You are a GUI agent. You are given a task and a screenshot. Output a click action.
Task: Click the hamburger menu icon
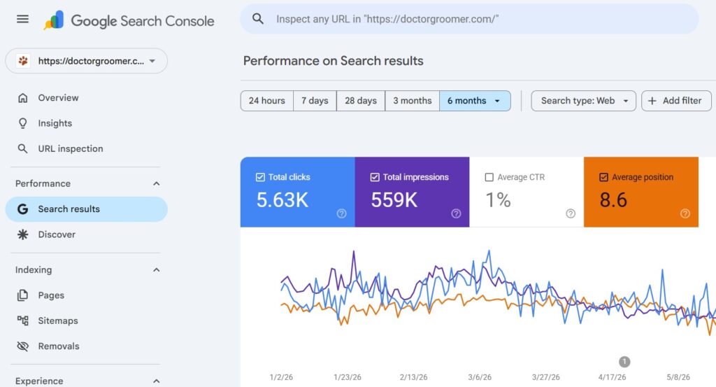22,19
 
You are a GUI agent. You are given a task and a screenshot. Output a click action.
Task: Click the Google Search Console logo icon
53,20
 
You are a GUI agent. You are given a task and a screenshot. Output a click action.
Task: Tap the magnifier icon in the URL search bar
258,19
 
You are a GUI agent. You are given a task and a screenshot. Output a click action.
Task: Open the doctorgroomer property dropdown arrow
152,61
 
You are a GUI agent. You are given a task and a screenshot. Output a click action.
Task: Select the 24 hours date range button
266,101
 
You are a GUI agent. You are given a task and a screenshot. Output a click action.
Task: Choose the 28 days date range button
361,101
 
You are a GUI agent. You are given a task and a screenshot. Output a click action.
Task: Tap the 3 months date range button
413,101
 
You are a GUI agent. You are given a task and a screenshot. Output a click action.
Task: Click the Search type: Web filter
584,101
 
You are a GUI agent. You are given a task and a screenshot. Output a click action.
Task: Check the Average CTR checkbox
489,177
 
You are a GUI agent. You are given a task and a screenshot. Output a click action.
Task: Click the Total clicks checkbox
260,177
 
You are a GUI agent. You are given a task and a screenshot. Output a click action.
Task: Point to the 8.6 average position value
613,200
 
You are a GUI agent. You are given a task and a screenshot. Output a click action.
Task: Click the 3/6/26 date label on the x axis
480,377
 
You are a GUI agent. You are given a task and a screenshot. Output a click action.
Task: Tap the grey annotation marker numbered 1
624,362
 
